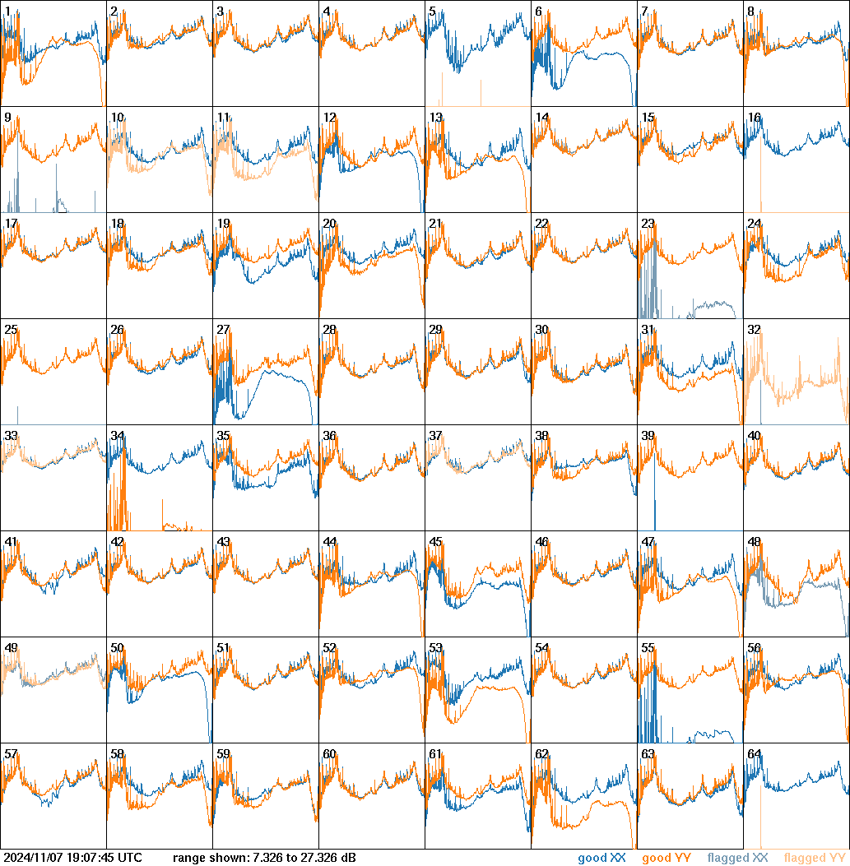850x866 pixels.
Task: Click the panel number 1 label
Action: [7, 12]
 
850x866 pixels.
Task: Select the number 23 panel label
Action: [648, 224]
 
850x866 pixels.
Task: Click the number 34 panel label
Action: [117, 436]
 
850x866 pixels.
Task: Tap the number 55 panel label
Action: [648, 648]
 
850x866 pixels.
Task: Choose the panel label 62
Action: [541, 754]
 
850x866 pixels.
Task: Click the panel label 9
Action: [7, 118]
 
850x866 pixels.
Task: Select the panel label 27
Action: [223, 330]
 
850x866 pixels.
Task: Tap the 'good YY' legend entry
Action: [666, 859]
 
